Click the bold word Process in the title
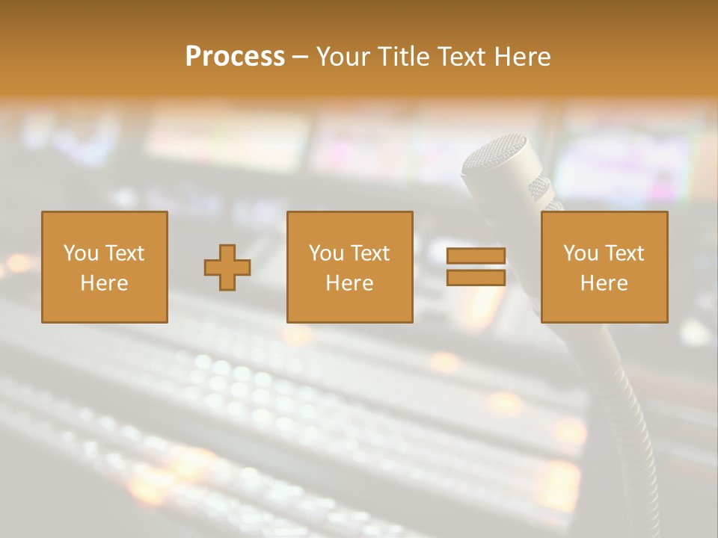[x=235, y=57]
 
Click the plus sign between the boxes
[x=227, y=268]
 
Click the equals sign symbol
[x=476, y=267]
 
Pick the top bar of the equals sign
[x=476, y=256]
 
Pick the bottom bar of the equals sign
[x=476, y=278]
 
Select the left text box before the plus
[x=104, y=267]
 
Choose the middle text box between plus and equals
[x=349, y=267]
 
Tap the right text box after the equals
[x=604, y=267]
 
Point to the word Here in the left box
[x=104, y=283]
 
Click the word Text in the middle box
[x=370, y=253]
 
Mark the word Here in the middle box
[x=349, y=283]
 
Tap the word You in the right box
[x=580, y=253]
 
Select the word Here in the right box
[x=604, y=283]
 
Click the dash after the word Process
[x=300, y=58]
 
